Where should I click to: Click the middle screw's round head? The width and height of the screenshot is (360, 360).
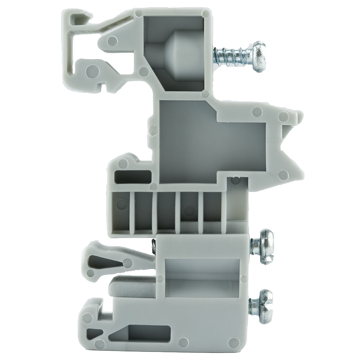click(x=266, y=247)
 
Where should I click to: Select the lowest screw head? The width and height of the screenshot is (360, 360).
click(x=265, y=306)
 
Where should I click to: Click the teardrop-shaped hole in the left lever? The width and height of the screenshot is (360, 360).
click(x=105, y=262)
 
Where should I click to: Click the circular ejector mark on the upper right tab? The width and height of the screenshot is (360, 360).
click(x=283, y=117)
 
